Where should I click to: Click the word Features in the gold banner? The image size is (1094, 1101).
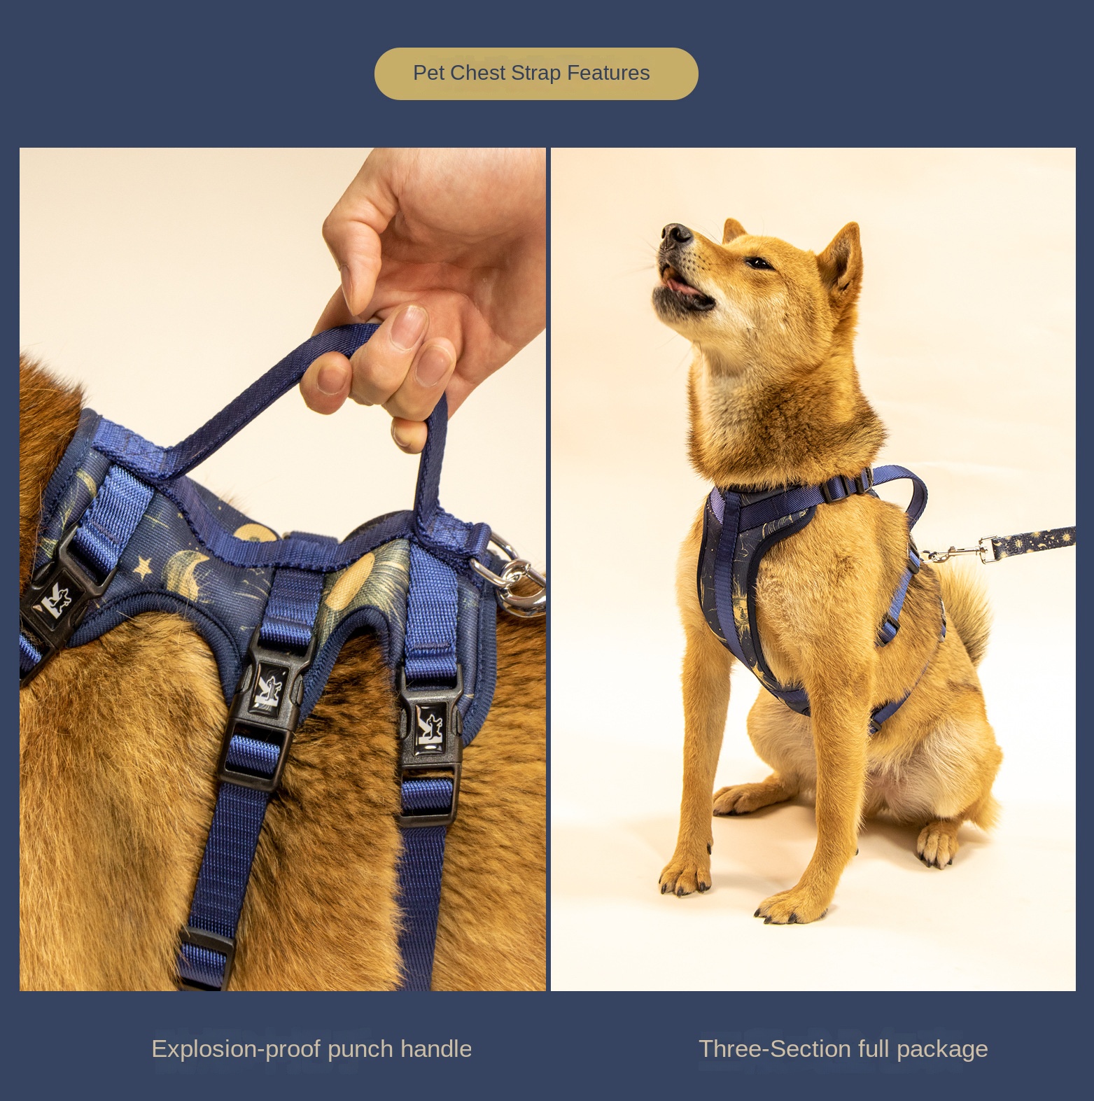(608, 73)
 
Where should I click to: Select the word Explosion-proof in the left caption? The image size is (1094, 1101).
(236, 1049)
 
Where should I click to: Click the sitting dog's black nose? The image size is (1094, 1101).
(675, 234)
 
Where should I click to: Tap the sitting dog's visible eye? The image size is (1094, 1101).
(759, 263)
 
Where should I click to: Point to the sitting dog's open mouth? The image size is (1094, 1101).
(682, 286)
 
